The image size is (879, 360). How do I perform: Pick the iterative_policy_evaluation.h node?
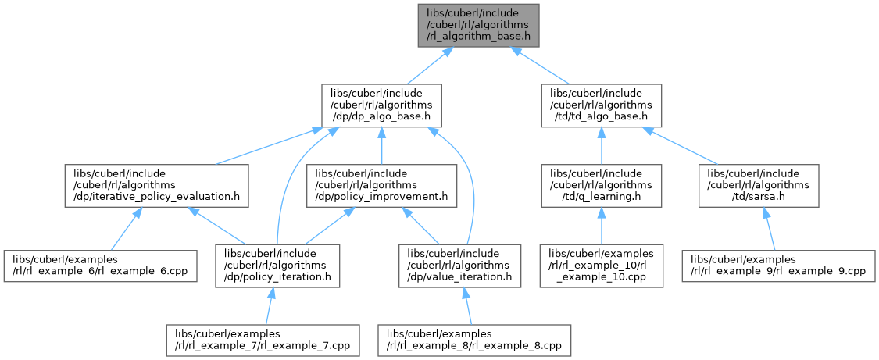tap(157, 185)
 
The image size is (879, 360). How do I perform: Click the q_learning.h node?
tap(600, 185)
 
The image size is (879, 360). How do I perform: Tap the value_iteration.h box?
tap(460, 265)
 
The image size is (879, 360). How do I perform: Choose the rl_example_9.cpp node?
tap(778, 265)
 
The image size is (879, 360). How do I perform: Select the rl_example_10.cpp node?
tap(600, 265)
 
